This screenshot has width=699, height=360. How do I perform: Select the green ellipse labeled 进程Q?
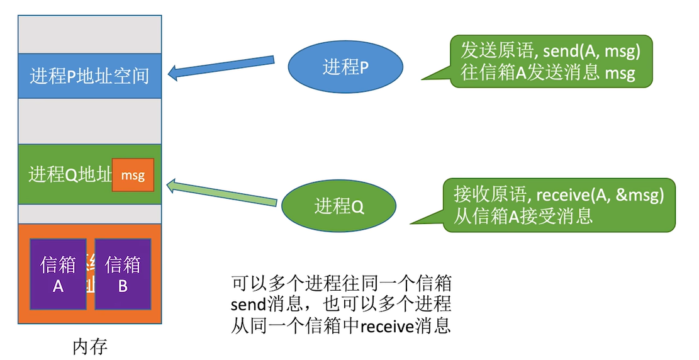pos(339,206)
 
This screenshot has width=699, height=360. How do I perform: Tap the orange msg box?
pos(133,176)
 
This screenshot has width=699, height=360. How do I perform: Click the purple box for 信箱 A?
pos(59,274)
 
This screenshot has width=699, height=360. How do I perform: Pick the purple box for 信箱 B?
pos(123,274)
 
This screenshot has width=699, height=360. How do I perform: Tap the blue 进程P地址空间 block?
pos(89,76)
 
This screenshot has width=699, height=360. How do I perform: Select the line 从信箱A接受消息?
pos(523,216)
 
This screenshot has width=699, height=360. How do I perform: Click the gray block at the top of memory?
pos(89,35)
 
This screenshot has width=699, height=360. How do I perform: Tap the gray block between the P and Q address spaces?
pos(89,121)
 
